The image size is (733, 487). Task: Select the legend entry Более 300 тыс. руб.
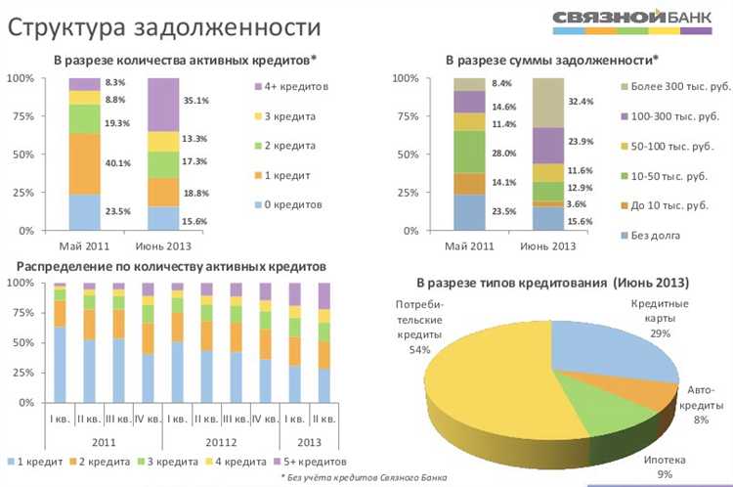coord(664,87)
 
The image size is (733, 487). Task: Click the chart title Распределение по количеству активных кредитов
coord(166,266)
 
